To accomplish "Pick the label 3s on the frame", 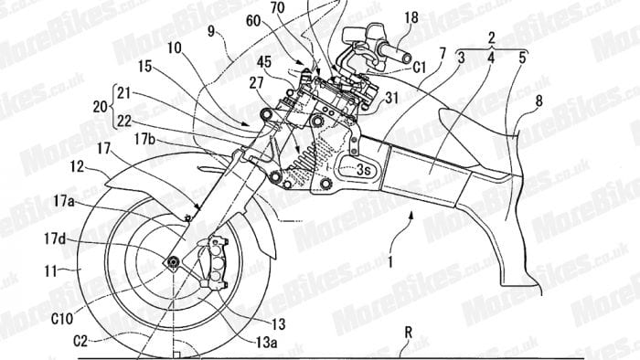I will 364,169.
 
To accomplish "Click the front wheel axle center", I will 171,262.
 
